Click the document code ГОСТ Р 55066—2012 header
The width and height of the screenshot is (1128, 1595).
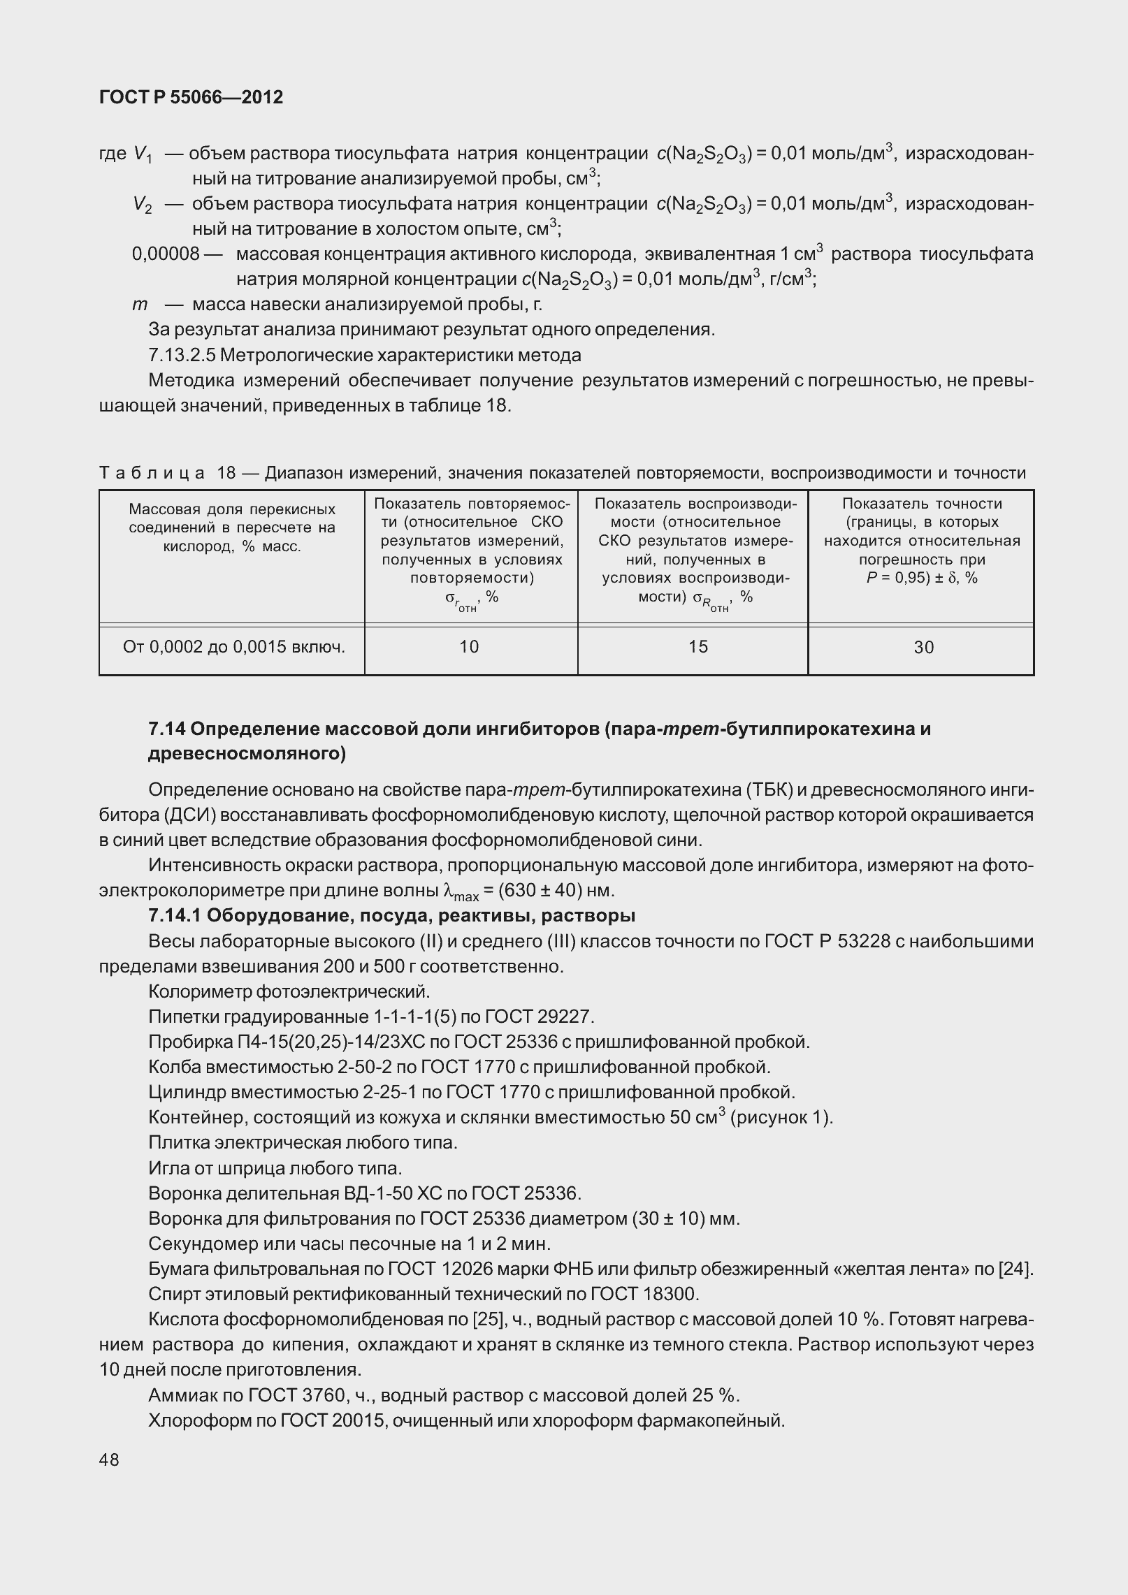pos(191,97)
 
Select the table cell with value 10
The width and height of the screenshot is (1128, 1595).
pos(469,647)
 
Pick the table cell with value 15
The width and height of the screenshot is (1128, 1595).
pos(698,647)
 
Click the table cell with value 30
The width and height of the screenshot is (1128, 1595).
pos(923,648)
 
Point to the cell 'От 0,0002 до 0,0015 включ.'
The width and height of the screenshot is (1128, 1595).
pos(233,647)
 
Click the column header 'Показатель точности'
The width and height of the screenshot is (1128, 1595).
pos(922,504)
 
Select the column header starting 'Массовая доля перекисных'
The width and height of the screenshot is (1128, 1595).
pos(232,509)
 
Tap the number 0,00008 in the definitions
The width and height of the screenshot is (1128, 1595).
pos(166,254)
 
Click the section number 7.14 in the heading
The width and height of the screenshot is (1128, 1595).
pos(166,729)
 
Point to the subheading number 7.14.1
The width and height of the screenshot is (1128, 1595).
pos(175,915)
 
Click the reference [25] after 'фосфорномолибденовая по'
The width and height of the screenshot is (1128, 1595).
pos(485,1320)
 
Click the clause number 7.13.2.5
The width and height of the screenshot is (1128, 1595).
pos(182,355)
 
